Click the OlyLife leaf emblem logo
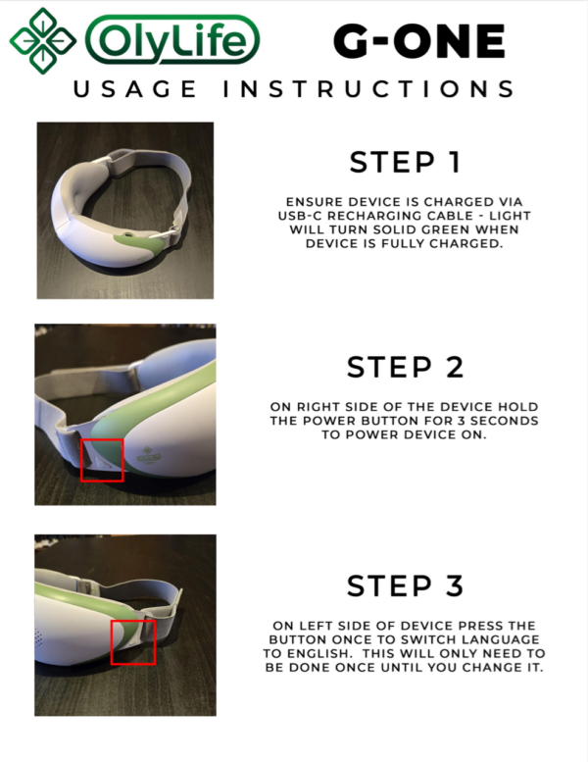(42, 40)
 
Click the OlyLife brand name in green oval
(172, 40)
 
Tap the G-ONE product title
(418, 40)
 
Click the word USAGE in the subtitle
(136, 89)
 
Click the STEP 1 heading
(406, 162)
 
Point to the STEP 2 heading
(406, 367)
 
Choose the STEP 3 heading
(406, 585)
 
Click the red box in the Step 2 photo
(102, 459)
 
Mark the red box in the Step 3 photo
(132, 641)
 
